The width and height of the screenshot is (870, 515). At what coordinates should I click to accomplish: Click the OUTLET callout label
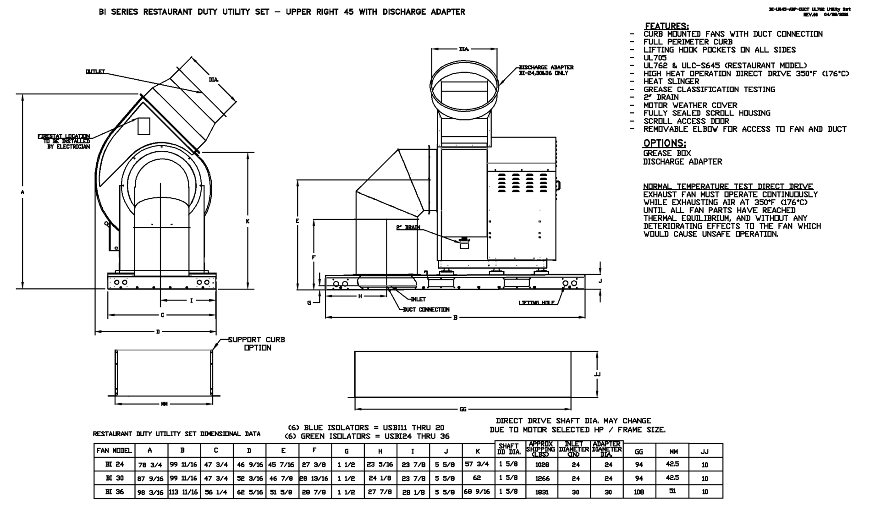click(x=95, y=71)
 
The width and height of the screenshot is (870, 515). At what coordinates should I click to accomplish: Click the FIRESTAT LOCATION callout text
click(x=64, y=141)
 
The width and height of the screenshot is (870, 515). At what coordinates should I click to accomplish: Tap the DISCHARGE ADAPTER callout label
click(x=545, y=70)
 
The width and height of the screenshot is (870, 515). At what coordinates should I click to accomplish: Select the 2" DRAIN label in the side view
click(x=408, y=227)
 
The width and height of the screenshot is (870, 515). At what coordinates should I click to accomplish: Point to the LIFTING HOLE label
click(x=536, y=302)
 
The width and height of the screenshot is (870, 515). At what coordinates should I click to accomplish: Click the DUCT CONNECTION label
click(x=426, y=310)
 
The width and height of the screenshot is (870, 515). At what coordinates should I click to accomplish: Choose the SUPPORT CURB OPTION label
click(x=257, y=344)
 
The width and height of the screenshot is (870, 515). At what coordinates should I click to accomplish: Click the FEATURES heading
click(x=666, y=26)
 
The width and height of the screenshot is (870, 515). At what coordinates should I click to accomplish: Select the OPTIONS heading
click(x=664, y=143)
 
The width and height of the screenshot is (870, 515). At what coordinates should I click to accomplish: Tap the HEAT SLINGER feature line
click(x=671, y=82)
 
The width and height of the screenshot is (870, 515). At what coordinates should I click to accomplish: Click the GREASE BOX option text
click(x=666, y=153)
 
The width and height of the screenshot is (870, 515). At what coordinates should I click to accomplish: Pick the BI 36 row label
click(x=114, y=492)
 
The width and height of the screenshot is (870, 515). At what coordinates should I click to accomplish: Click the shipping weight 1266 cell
click(x=542, y=478)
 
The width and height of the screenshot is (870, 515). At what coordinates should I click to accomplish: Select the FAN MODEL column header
click(x=114, y=450)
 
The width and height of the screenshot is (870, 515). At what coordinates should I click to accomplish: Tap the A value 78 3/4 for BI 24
click(x=150, y=465)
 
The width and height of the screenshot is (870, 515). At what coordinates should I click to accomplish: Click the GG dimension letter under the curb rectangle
click(x=463, y=409)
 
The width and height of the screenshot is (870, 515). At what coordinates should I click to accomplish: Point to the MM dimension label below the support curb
click(x=164, y=404)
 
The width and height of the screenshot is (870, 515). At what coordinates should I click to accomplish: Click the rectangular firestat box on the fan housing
click(x=144, y=126)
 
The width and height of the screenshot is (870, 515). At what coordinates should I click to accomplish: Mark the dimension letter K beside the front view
click(x=248, y=221)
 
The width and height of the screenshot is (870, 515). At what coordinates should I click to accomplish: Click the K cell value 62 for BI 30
click(x=477, y=478)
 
